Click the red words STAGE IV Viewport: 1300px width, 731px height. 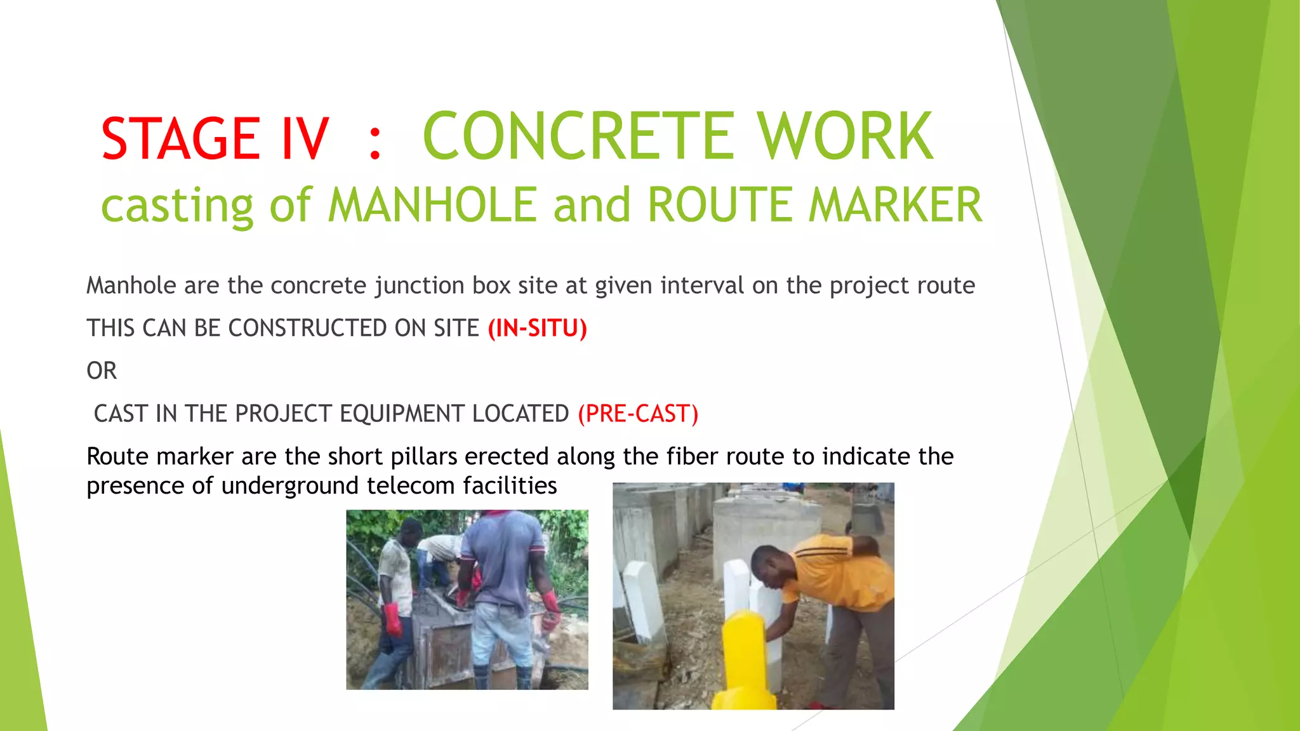(x=215, y=138)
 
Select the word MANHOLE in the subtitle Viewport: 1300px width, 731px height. (x=432, y=205)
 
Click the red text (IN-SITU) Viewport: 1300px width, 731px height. (x=537, y=328)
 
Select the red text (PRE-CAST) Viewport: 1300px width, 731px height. (x=638, y=414)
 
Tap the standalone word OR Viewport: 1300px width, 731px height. (x=102, y=371)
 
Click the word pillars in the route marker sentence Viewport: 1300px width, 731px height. (x=423, y=456)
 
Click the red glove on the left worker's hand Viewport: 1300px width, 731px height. (x=392, y=619)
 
